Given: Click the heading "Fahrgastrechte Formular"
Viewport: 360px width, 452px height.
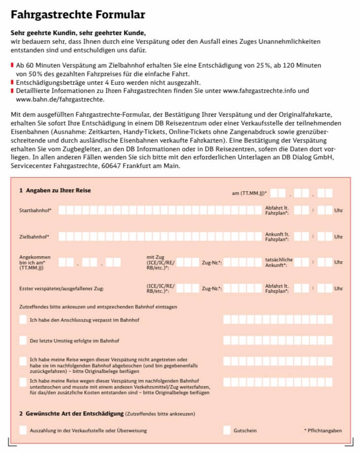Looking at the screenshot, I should pos(78,15).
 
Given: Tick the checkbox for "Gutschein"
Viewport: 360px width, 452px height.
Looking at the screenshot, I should pos(226,430).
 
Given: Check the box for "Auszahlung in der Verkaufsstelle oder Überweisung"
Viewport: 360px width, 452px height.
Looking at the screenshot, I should pos(23,430).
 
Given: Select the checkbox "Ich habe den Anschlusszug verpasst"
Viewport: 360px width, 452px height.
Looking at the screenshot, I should pos(23,320).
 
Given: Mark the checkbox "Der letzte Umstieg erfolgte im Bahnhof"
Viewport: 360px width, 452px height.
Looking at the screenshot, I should pos(23,340).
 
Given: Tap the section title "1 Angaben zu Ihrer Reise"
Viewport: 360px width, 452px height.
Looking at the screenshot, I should pos(55,191).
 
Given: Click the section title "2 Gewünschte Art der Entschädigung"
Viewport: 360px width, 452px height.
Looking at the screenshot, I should pos(71,413).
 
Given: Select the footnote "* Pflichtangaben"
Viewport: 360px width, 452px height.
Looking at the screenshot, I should pos(323,431).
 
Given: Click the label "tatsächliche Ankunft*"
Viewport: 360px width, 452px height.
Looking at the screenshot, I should pos(279,262).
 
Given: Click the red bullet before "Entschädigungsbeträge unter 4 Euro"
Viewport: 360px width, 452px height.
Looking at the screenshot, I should pos(12,83).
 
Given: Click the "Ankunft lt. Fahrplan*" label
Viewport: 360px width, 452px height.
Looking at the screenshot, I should pos(277,236).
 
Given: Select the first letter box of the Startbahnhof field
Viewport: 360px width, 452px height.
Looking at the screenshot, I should pos(63,210).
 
